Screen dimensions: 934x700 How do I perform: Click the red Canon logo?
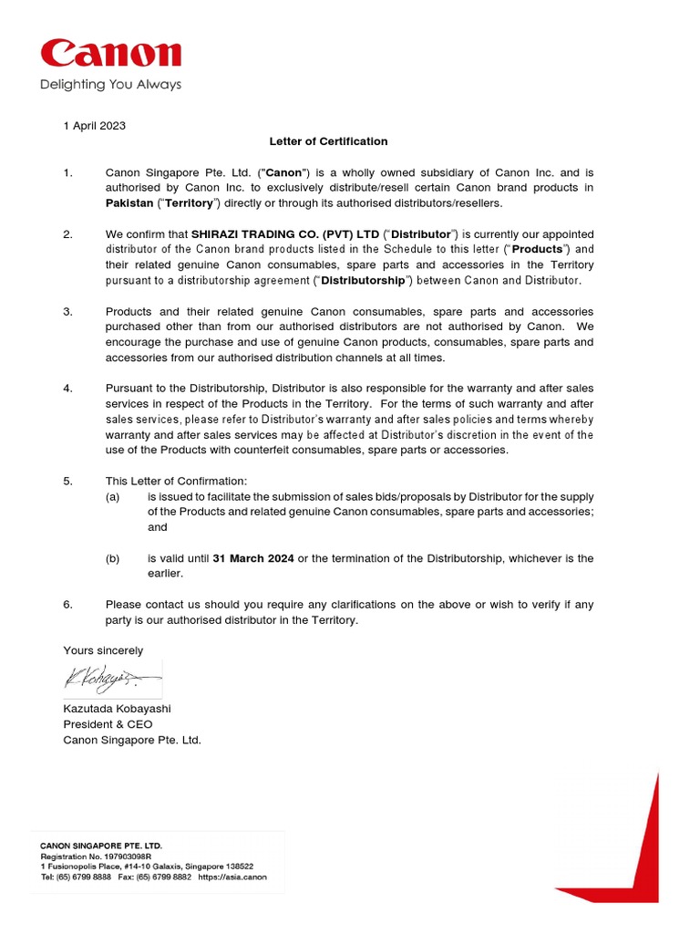tap(109, 55)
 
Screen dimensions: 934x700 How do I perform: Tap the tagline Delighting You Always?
tap(110, 85)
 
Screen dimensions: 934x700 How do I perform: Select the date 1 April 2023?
tap(94, 126)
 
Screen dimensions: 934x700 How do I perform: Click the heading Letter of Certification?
tap(328, 141)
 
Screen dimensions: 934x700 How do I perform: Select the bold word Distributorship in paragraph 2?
tap(354, 280)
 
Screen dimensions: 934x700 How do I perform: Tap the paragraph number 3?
tap(67, 312)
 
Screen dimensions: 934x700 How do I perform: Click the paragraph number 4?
tap(67, 389)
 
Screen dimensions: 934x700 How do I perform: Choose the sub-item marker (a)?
tap(113, 496)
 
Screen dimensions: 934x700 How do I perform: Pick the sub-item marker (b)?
tap(113, 558)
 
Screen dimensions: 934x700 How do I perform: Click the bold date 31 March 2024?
tap(253, 558)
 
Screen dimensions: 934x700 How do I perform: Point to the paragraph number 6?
tap(67, 605)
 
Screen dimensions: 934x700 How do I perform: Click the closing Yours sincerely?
tap(103, 650)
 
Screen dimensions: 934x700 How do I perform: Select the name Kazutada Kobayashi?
tap(117, 709)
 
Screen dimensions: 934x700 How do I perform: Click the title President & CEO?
tap(108, 724)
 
